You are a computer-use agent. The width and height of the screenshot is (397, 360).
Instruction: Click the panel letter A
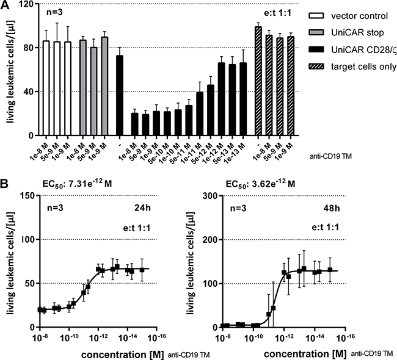click(x=5, y=5)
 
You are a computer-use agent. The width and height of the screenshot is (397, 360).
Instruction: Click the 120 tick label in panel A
click(x=24, y=4)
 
